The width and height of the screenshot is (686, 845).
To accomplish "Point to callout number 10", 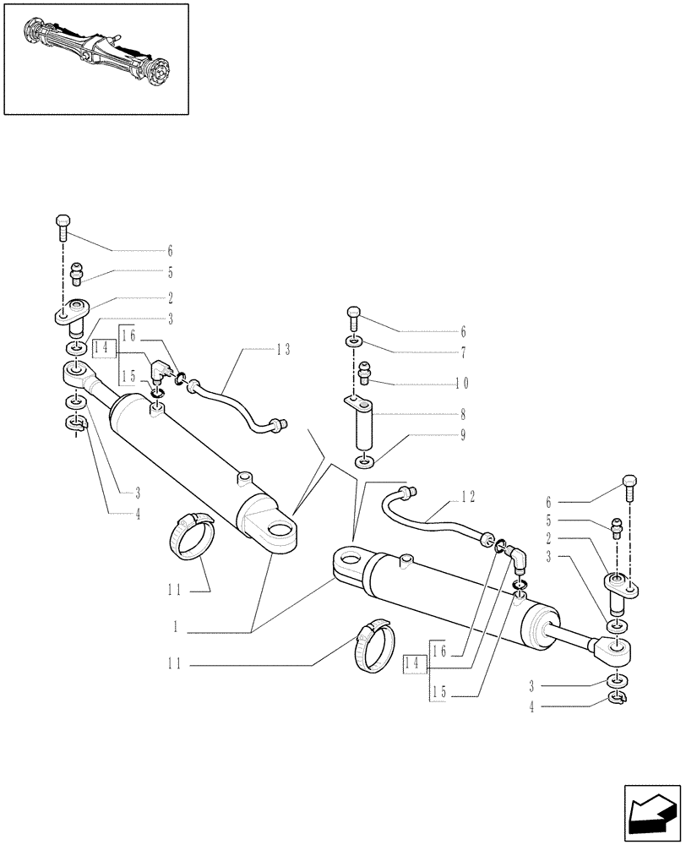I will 461,383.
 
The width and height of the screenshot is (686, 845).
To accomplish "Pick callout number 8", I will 463,415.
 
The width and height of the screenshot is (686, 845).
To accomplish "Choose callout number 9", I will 463,436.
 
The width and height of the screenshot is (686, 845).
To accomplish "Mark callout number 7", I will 463,350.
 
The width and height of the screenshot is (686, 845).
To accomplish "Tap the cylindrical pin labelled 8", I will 362,428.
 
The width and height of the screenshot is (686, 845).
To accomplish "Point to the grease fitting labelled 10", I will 366,370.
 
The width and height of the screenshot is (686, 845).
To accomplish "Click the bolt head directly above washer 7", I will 353,318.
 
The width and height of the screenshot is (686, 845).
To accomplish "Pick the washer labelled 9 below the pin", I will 363,461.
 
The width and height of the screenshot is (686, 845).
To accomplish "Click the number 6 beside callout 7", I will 463,332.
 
